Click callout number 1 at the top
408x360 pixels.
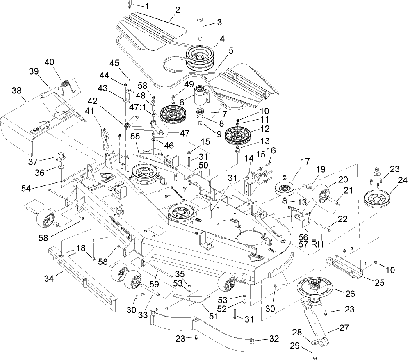click(x=147, y=7)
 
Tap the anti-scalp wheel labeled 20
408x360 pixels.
click(x=323, y=195)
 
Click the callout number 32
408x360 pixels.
click(x=274, y=339)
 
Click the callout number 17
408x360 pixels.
click(x=294, y=162)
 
